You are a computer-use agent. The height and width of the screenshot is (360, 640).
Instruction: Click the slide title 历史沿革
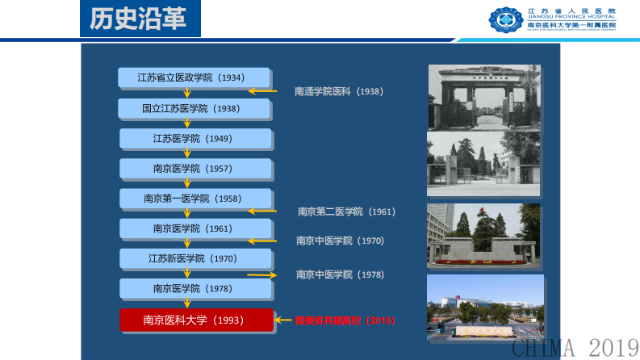coord(140,19)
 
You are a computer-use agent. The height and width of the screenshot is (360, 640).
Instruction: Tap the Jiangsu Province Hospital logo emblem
coord(506,19)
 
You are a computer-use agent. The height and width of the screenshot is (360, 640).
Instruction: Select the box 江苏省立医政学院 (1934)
coord(191,77)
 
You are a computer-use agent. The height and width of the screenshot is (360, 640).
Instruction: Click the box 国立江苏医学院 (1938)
coord(191,108)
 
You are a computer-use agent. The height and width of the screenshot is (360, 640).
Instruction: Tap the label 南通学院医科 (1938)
coord(338,91)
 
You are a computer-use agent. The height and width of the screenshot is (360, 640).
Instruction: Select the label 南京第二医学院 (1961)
coord(345,211)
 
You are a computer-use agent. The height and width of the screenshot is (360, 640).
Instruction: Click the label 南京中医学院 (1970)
coord(340,241)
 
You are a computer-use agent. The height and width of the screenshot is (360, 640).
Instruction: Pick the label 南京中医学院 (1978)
coord(340,274)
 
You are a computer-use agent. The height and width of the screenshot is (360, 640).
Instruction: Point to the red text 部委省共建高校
coord(345,320)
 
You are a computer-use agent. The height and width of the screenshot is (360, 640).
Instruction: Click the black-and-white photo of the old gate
coord(483,97)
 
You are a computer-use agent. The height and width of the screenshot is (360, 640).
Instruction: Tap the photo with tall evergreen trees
coord(484,235)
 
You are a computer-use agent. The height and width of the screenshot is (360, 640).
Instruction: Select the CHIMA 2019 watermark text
coord(575,348)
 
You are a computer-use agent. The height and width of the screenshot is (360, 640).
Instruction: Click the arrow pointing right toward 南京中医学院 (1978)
coord(261,274)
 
